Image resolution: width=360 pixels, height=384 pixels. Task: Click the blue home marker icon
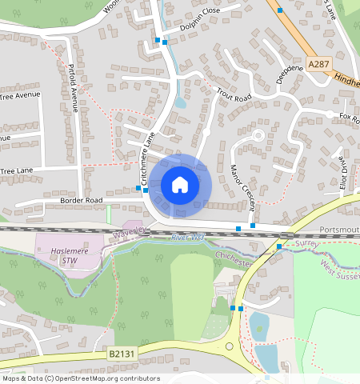click(x=180, y=185)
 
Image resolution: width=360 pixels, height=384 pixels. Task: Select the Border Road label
click(x=82, y=198)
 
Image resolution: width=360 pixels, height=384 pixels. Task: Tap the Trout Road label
click(x=234, y=98)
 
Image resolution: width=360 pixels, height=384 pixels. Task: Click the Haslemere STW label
click(x=59, y=254)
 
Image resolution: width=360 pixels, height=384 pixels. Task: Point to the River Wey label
click(x=188, y=238)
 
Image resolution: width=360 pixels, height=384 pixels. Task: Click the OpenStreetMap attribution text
click(x=80, y=378)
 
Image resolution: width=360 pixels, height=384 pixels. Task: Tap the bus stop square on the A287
click(x=281, y=10)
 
